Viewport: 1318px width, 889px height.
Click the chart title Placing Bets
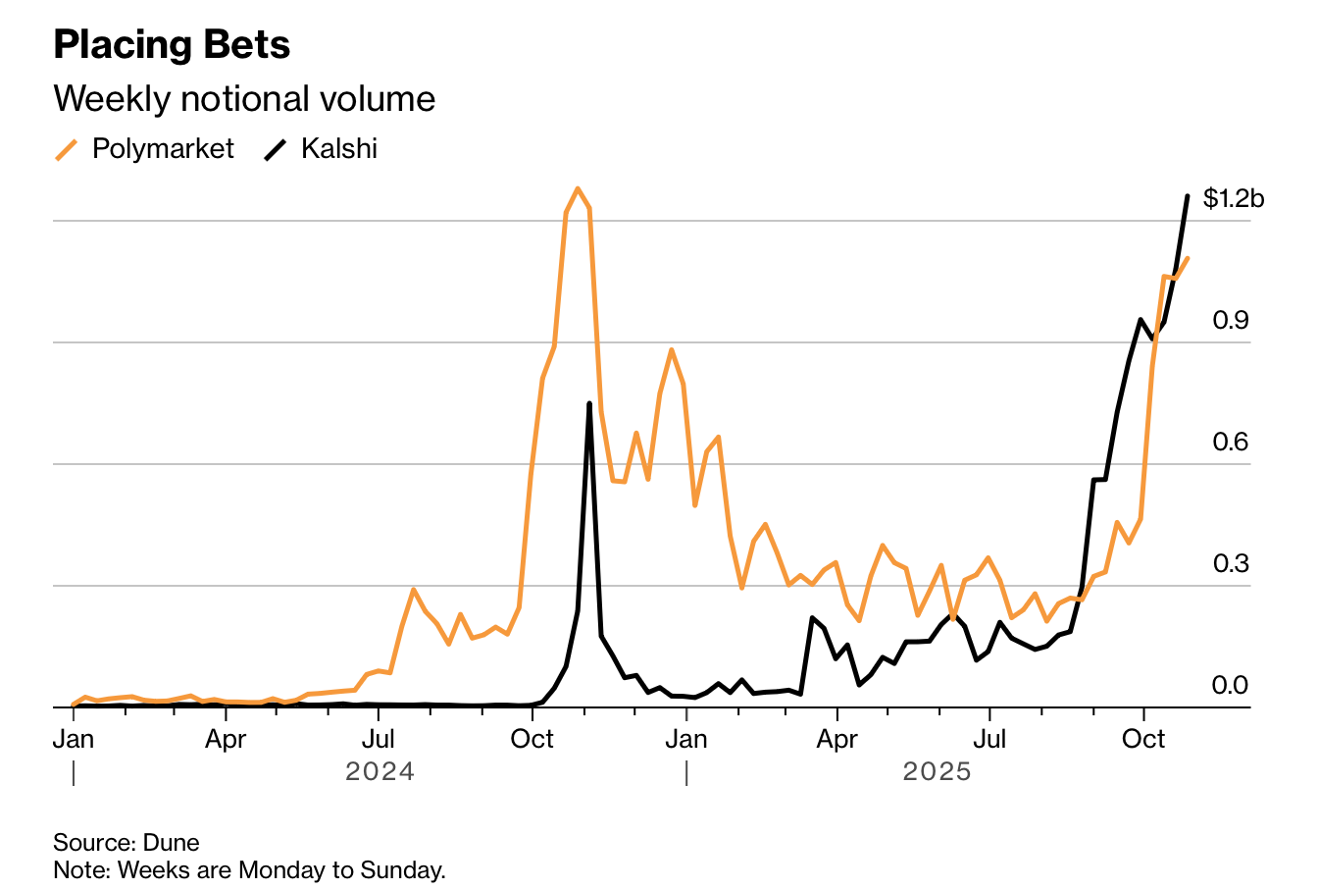[172, 45]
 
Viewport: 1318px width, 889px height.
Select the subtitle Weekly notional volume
[244, 99]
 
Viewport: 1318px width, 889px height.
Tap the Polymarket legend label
[163, 149]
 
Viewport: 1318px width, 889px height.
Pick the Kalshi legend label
[339, 149]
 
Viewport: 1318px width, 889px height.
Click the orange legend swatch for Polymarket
[67, 150]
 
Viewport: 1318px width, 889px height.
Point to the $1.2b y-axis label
[1234, 199]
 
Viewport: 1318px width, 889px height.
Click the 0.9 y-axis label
[1231, 321]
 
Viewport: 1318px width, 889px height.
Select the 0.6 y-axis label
[1231, 443]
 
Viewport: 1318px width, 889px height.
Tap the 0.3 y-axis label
[1231, 564]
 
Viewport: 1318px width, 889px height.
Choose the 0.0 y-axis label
[1231, 686]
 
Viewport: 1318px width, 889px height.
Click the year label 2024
[380, 772]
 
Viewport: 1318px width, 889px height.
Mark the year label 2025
[938, 772]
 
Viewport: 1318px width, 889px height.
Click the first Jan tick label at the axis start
[74, 739]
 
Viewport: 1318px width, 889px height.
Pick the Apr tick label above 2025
[836, 739]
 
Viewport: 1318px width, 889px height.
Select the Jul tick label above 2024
[379, 739]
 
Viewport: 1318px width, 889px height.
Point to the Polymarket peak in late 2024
[578, 188]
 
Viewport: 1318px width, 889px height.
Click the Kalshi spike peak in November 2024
[589, 403]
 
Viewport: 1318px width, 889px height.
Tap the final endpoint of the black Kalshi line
[1188, 196]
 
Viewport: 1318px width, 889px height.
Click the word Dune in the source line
[172, 843]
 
